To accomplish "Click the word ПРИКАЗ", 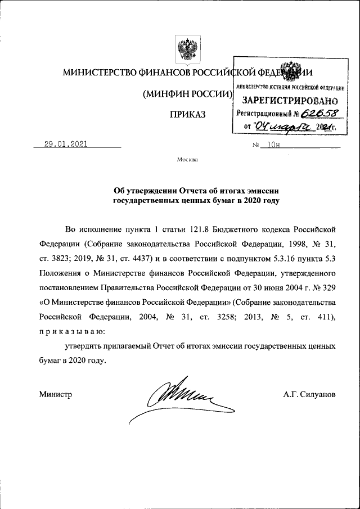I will pos(188,115).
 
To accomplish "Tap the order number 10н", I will pos(273,145).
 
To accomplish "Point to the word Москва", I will pos(187,160).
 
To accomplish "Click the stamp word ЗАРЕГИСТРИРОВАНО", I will pos(290,101).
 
